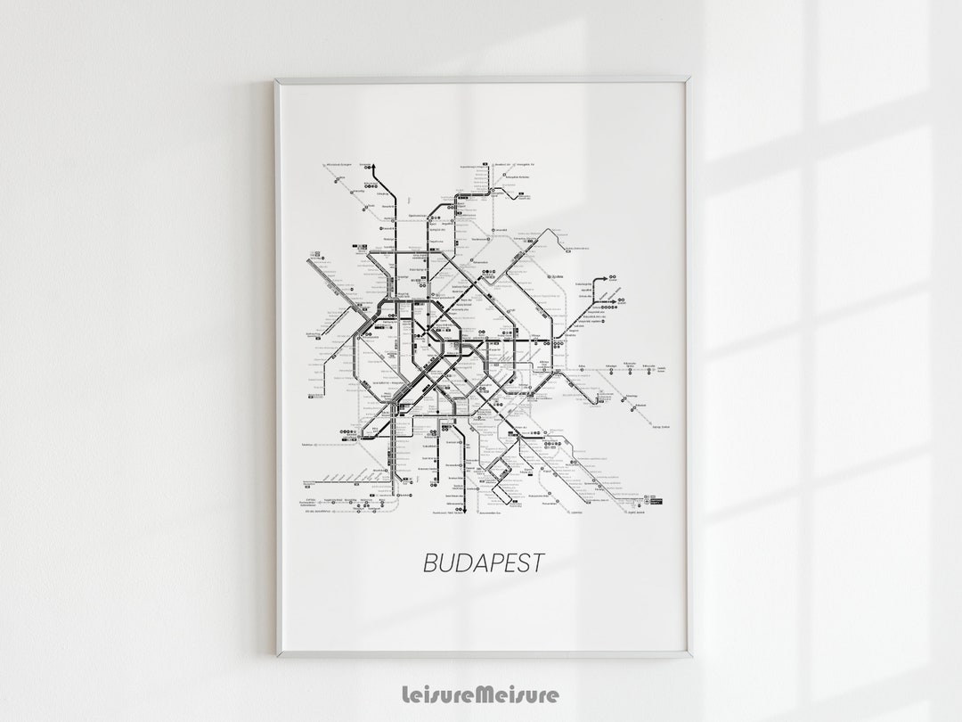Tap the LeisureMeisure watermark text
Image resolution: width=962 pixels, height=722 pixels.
pos(481,694)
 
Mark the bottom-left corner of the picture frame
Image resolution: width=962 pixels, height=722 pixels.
pos(277,655)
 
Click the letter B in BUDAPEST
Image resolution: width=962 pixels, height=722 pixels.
pos(429,563)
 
